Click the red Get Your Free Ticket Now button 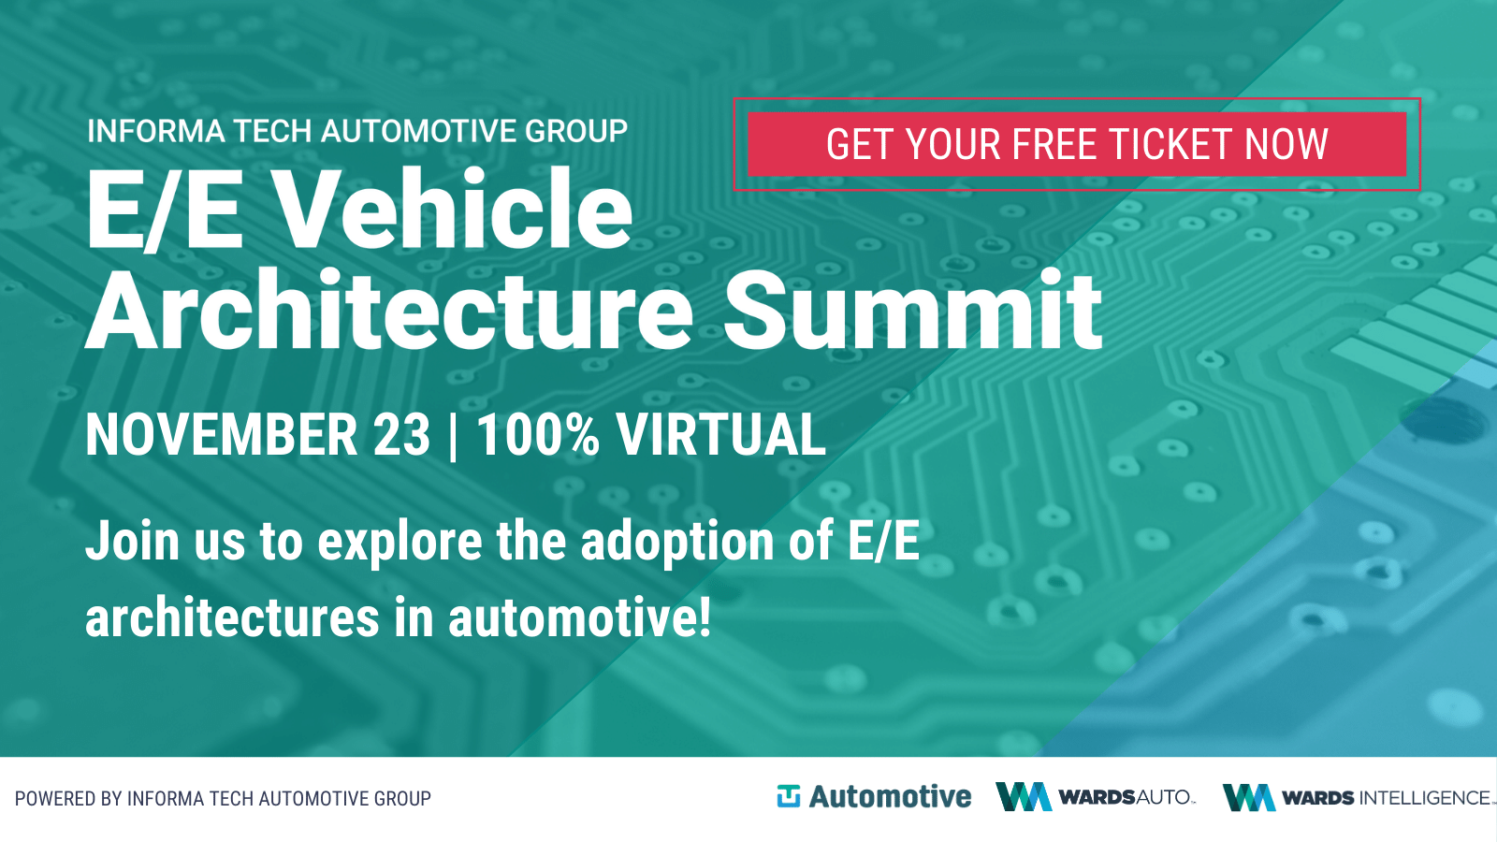point(1077,144)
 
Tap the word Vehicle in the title point(454,210)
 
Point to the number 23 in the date point(401,435)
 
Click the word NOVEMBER point(221,435)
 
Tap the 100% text point(538,435)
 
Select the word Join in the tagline point(133,541)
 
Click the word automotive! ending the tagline point(579,617)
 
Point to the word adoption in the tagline point(677,543)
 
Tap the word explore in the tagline point(400,543)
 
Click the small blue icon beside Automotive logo point(789,796)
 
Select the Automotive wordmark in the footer point(890,796)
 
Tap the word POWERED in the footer point(55,799)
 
